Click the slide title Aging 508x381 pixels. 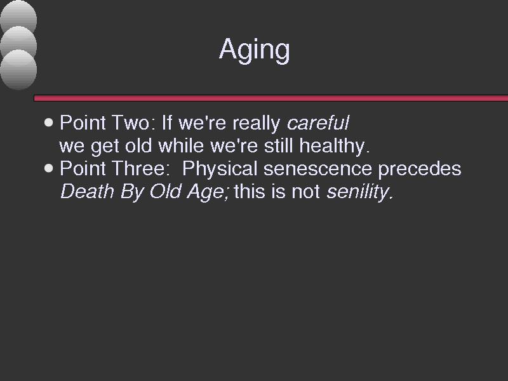click(x=255, y=50)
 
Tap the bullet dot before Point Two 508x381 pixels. click(x=49, y=123)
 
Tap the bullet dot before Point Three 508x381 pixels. click(x=49, y=168)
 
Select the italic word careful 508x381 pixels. click(x=318, y=123)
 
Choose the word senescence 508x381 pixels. click(x=317, y=169)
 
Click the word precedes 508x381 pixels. click(x=420, y=169)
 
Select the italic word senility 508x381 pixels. click(x=359, y=192)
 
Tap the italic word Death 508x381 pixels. click(x=87, y=191)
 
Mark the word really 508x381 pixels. click(x=257, y=123)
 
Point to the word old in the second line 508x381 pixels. click(x=138, y=145)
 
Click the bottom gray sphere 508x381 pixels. click(x=18, y=69)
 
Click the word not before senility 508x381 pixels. click(x=305, y=192)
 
